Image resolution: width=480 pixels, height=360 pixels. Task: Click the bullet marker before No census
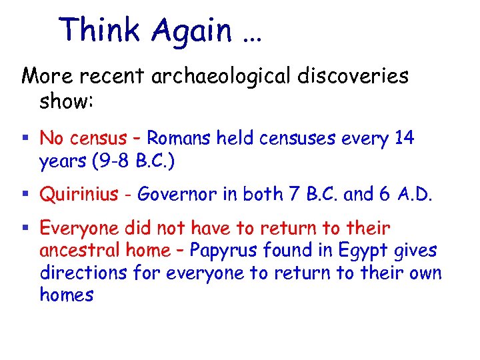(26, 139)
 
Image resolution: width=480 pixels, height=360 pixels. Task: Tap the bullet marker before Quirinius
(26, 195)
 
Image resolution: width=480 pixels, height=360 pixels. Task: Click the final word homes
(67, 295)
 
